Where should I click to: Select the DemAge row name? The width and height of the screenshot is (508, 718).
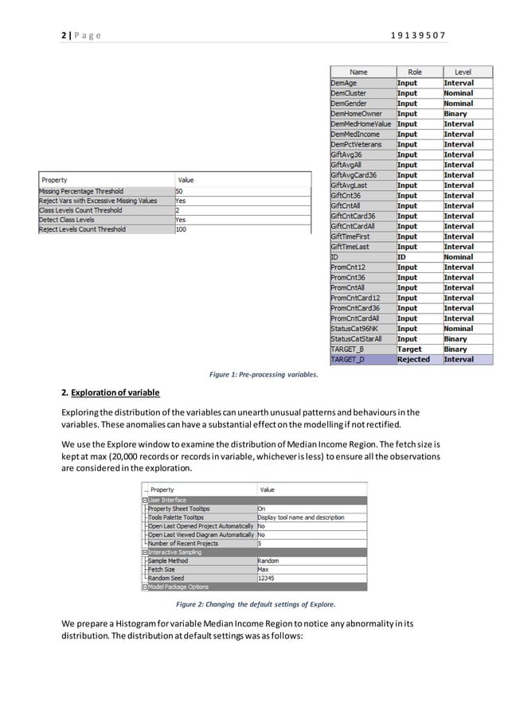(344, 83)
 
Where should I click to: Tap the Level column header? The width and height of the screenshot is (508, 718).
(463, 72)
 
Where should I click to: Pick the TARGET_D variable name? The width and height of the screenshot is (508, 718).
(348, 360)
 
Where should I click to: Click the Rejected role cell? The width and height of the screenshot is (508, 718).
(413, 360)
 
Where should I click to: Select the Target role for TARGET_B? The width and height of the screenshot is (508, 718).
(410, 349)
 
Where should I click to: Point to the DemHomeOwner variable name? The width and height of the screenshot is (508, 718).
(355, 114)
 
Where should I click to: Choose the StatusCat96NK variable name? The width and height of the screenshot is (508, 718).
(355, 329)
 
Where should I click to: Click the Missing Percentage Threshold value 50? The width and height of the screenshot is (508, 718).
(180, 192)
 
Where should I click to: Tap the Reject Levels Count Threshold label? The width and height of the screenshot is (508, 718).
(82, 229)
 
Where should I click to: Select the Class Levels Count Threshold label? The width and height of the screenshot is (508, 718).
(80, 210)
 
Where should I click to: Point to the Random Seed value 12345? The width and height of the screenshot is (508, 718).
(266, 579)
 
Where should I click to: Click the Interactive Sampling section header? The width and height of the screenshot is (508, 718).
(175, 552)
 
